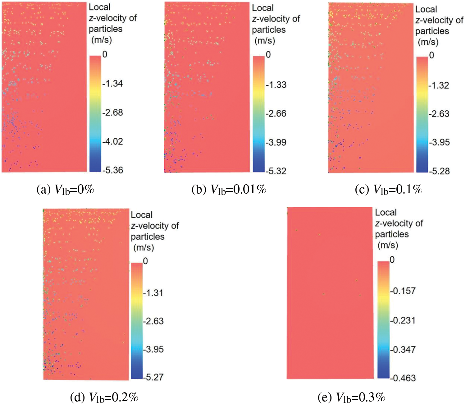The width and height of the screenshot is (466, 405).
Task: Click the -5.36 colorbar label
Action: pyautogui.click(x=113, y=170)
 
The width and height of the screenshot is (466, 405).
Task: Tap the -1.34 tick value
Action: pyautogui.click(x=113, y=84)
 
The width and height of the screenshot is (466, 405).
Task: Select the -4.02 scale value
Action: pyautogui.click(x=113, y=141)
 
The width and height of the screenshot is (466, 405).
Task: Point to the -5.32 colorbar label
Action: pyautogui.click(x=276, y=171)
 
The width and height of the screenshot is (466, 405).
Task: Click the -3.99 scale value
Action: pyautogui.click(x=276, y=142)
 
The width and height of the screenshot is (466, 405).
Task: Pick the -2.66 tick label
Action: pyautogui.click(x=276, y=113)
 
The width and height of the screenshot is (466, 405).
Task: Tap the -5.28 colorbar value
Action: pyautogui.click(x=439, y=171)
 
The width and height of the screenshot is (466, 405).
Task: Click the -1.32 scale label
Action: pyautogui.click(x=439, y=85)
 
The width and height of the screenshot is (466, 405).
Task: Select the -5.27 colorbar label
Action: pyautogui.click(x=153, y=377)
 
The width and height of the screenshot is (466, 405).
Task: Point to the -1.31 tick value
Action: pyautogui.click(x=153, y=293)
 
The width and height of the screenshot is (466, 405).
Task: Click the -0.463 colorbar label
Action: pyautogui.click(x=403, y=378)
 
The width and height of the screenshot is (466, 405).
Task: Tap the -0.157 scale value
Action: pyautogui.click(x=403, y=291)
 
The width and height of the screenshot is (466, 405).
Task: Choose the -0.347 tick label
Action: pyautogui.click(x=403, y=350)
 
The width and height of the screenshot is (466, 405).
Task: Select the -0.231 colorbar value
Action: pyautogui.click(x=403, y=320)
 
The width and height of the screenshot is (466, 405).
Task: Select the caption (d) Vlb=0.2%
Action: pyautogui.click(x=104, y=397)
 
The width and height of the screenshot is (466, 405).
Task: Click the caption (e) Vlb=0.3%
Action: pyautogui.click(x=352, y=397)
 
